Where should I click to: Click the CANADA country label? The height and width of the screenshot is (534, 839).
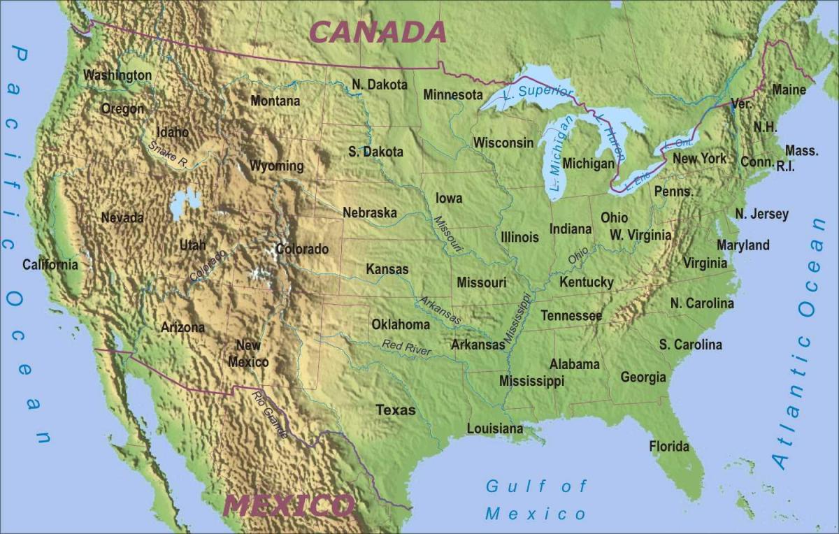pyautogui.click(x=378, y=32)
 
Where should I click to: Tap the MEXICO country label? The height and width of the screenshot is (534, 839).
pyautogui.click(x=289, y=505)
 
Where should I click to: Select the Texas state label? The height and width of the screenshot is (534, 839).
pyautogui.click(x=396, y=410)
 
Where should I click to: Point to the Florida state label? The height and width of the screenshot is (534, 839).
pyautogui.click(x=669, y=446)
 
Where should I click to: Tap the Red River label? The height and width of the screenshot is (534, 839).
pyautogui.click(x=406, y=347)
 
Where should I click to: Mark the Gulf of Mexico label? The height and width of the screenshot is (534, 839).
pyautogui.click(x=536, y=500)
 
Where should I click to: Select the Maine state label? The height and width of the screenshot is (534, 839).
pyautogui.click(x=789, y=89)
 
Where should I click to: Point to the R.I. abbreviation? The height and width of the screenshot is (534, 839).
pyautogui.click(x=785, y=166)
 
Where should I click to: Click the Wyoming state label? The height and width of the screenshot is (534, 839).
pyautogui.click(x=277, y=166)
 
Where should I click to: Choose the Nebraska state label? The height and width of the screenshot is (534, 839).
pyautogui.click(x=369, y=212)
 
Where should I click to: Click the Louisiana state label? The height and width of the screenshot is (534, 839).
pyautogui.click(x=494, y=428)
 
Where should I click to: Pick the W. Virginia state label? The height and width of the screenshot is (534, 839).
pyautogui.click(x=640, y=235)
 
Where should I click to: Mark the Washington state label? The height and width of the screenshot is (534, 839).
pyautogui.click(x=117, y=75)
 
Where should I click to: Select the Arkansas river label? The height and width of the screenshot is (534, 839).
pyautogui.click(x=440, y=310)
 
